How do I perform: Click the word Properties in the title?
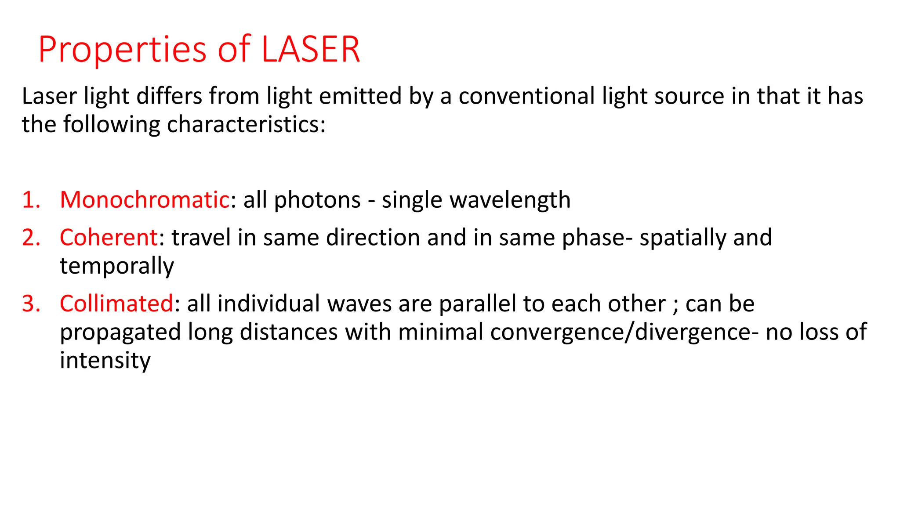coord(122,50)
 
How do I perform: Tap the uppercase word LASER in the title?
coord(311,49)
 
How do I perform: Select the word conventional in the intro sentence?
coord(526,96)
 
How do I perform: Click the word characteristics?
coord(246,125)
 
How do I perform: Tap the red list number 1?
coord(31,200)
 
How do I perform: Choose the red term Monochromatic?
coord(145,200)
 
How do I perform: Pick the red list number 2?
coord(31,238)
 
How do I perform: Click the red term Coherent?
coord(109,238)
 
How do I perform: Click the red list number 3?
coord(31,304)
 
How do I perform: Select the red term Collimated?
coord(116,304)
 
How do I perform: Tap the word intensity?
coord(105,361)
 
